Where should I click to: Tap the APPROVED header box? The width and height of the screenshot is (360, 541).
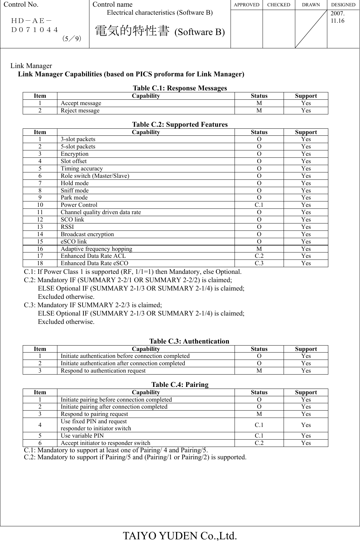[246, 5]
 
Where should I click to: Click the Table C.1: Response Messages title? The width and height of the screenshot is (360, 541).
[180, 88]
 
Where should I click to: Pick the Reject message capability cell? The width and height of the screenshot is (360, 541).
[80, 110]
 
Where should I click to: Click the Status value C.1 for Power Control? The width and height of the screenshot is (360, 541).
[259, 205]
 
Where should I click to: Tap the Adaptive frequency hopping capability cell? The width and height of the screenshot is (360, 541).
[96, 249]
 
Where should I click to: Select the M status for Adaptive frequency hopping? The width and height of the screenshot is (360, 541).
[259, 249]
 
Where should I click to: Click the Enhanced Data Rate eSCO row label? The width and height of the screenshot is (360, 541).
[94, 263]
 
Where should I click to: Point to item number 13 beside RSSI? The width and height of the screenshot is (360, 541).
[40, 227]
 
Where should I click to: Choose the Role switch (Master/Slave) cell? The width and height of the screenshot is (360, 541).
[95, 176]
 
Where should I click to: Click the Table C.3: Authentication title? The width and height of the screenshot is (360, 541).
[189, 341]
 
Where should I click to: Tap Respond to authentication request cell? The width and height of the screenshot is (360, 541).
[103, 371]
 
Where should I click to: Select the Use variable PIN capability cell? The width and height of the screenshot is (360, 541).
[82, 436]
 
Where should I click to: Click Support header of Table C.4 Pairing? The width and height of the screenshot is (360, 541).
[306, 392]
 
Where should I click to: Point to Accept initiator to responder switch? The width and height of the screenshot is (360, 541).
[105, 443]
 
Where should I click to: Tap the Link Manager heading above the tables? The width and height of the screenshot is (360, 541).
[31, 66]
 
